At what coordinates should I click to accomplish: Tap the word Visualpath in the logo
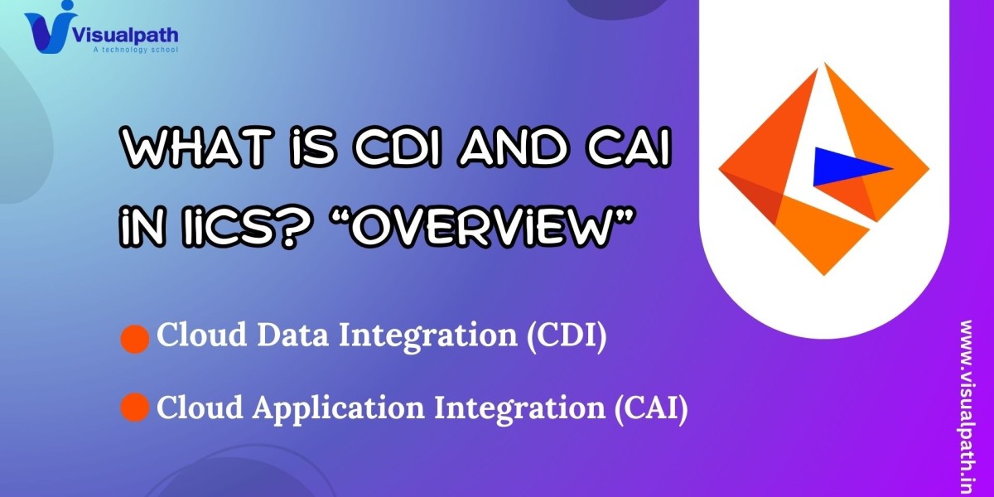tap(125, 35)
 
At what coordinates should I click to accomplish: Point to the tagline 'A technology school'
tap(135, 50)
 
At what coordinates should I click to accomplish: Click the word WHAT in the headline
tap(197, 147)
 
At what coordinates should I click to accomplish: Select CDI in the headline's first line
tap(398, 147)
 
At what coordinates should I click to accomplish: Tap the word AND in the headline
tap(513, 147)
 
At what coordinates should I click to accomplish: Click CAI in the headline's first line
tap(628, 147)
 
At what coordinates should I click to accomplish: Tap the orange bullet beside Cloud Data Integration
tap(135, 339)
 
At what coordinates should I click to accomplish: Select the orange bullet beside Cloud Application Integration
tap(135, 407)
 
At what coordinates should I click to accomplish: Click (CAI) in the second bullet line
tap(651, 408)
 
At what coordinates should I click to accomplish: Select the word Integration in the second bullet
tap(519, 409)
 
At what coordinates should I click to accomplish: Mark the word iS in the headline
tap(313, 147)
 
